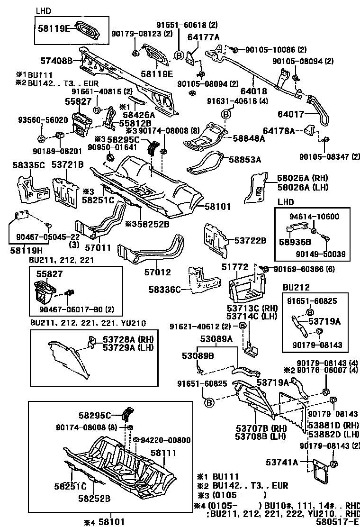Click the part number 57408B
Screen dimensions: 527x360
click(56, 61)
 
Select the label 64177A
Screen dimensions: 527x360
click(203, 37)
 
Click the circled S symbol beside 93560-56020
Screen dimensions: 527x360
click(41, 138)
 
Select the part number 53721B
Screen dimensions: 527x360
click(67, 165)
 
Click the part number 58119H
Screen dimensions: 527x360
click(26, 249)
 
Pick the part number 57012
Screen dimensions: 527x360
click(157, 273)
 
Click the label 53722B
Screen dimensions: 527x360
click(251, 241)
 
